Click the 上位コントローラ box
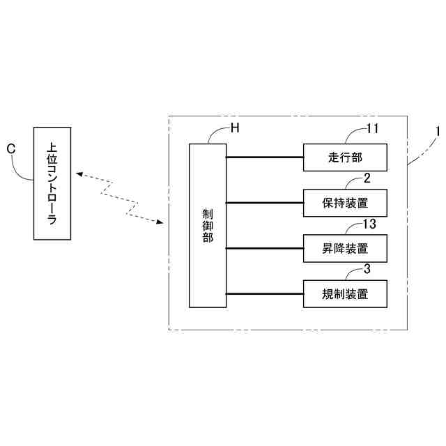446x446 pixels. [52, 184]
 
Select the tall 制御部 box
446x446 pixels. [208, 225]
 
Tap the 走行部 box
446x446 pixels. [344, 157]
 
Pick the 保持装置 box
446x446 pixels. [344, 203]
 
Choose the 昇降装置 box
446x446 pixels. [344, 248]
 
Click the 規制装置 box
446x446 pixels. [344, 294]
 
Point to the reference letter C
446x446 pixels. [10, 148]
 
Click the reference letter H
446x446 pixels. [235, 128]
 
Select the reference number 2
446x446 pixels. [367, 177]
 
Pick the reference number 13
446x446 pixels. [370, 223]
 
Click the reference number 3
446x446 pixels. [367, 269]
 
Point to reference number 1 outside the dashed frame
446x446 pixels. [438, 130]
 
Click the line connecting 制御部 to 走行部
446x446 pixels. [265, 157]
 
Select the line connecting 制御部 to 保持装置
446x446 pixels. [265, 203]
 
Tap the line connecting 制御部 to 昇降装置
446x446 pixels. [265, 248]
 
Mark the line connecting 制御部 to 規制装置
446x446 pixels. [265, 294]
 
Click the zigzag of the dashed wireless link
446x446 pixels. [118, 199]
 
